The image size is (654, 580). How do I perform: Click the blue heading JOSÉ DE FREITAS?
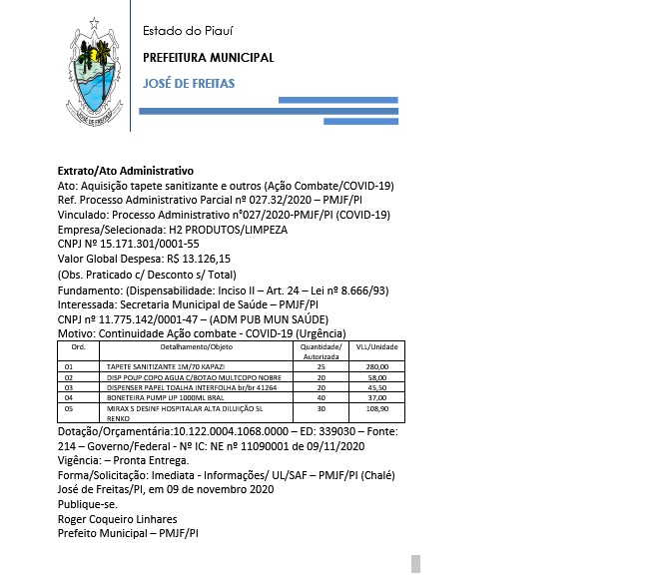click(189, 83)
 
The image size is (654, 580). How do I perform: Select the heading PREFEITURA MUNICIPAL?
click(208, 58)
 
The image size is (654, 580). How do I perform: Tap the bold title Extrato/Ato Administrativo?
click(125, 172)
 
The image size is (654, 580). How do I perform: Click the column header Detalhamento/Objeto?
click(189, 345)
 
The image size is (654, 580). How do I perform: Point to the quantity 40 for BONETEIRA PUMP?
click(322, 397)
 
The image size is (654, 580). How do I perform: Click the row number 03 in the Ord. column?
click(70, 387)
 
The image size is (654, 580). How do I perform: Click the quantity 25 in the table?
click(322, 367)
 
